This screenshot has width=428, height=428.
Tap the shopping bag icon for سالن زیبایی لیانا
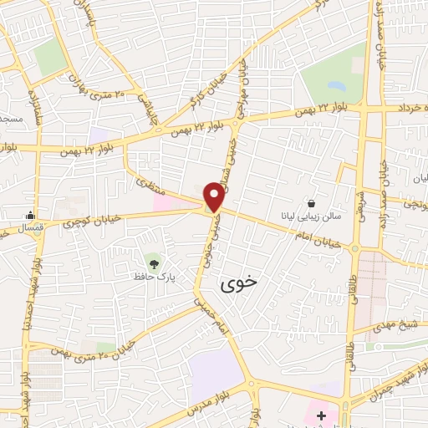(x=311, y=203)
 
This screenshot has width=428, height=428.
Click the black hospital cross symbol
(x=322, y=415)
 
